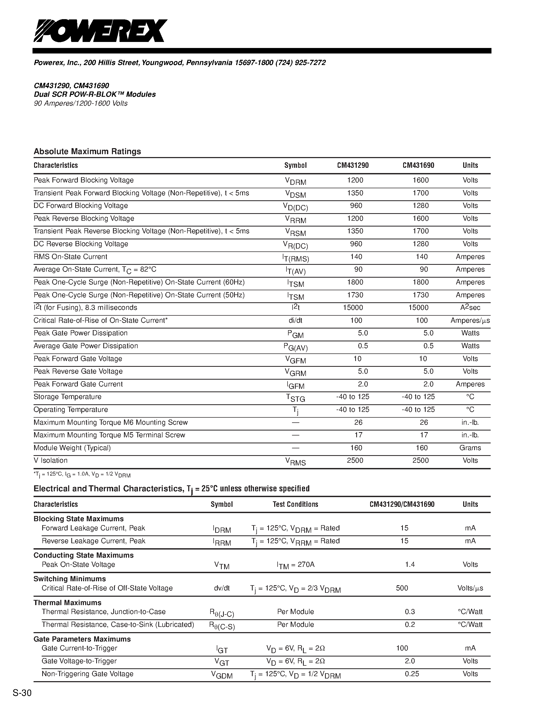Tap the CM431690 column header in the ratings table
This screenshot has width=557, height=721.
(418, 165)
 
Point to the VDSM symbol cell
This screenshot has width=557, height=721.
(295, 194)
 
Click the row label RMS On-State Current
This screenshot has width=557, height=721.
(70, 257)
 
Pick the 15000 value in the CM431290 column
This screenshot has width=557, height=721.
(353, 308)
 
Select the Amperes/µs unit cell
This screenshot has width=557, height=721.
(470, 321)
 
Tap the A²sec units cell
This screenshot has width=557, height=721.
(470, 308)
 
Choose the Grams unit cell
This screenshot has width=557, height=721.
(470, 448)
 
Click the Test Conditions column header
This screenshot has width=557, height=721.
(295, 504)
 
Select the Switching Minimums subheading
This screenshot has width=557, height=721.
(70, 579)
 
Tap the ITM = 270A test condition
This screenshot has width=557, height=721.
(295, 565)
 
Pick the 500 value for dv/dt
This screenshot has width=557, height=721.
(402, 588)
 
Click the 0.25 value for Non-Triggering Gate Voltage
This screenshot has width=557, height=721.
(412, 674)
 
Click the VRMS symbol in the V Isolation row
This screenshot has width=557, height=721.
(295, 461)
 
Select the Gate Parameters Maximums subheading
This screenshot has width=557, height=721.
(82, 639)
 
